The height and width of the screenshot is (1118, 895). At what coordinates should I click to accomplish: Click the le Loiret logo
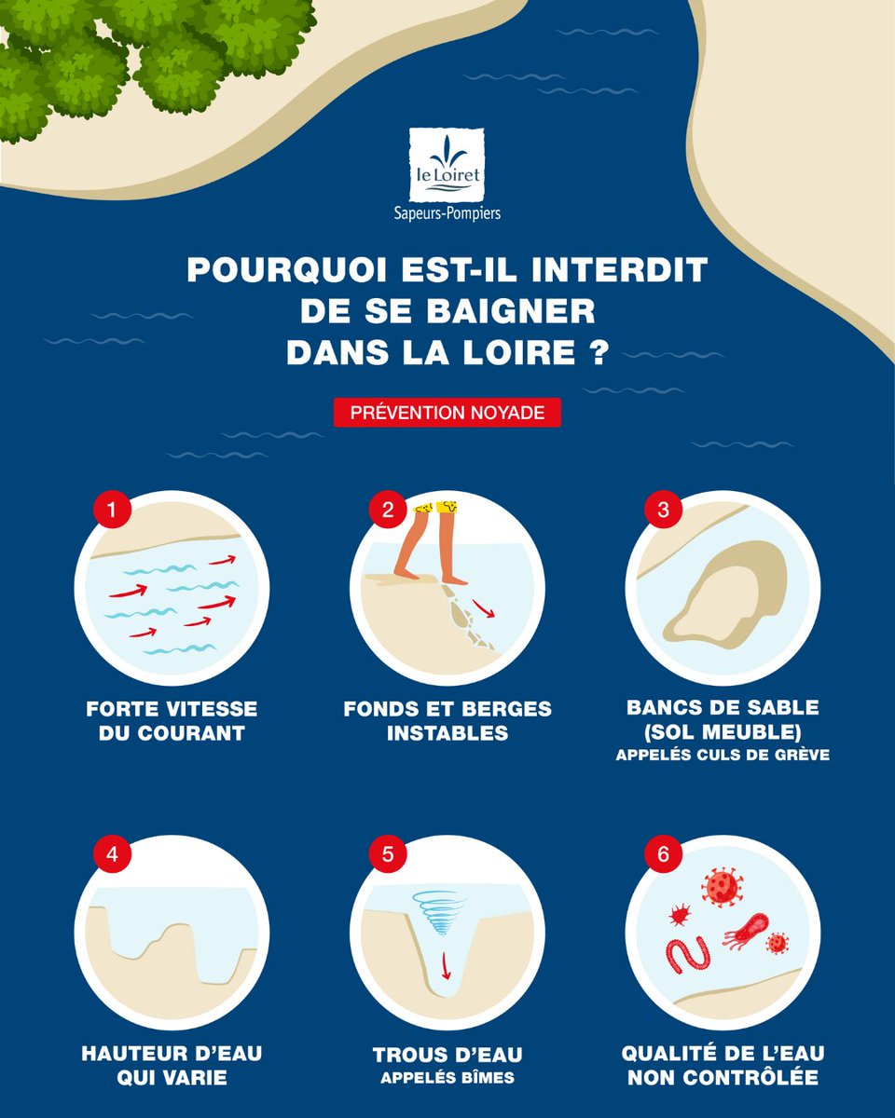[x=447, y=165]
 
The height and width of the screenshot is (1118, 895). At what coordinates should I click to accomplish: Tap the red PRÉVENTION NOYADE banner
[x=447, y=412]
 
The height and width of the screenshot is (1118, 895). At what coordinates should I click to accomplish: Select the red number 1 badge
[x=112, y=510]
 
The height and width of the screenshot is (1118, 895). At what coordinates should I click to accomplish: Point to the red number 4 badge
[x=112, y=854]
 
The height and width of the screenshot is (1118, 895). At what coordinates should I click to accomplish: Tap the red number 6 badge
[x=663, y=854]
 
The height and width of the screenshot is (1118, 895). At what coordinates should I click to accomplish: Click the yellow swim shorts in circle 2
[x=435, y=508]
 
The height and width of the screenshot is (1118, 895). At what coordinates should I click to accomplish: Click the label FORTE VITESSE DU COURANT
[x=172, y=720]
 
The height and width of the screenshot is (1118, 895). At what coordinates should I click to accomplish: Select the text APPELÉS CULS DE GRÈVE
[x=723, y=756]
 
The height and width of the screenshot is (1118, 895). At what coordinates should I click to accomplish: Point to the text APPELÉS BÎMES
[x=447, y=1079]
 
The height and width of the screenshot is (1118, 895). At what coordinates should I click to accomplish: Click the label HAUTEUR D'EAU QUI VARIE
[x=172, y=1065]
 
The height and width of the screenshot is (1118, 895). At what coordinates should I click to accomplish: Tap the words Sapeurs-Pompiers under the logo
[x=447, y=213]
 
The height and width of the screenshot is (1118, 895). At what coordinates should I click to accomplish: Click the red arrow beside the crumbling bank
[x=483, y=608]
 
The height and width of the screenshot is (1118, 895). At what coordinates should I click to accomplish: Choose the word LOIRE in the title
[x=526, y=354]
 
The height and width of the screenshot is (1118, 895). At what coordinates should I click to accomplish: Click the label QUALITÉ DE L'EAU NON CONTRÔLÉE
[x=723, y=1065]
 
